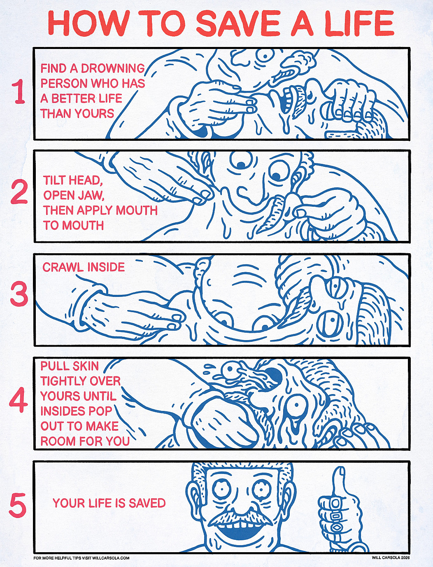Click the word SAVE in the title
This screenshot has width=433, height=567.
(238, 23)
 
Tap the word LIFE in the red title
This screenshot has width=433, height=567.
(359, 23)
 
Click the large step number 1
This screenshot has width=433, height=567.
(19, 91)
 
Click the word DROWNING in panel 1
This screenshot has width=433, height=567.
(113, 68)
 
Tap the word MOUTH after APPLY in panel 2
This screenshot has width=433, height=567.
(137, 210)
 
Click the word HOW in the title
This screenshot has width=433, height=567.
(89, 23)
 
